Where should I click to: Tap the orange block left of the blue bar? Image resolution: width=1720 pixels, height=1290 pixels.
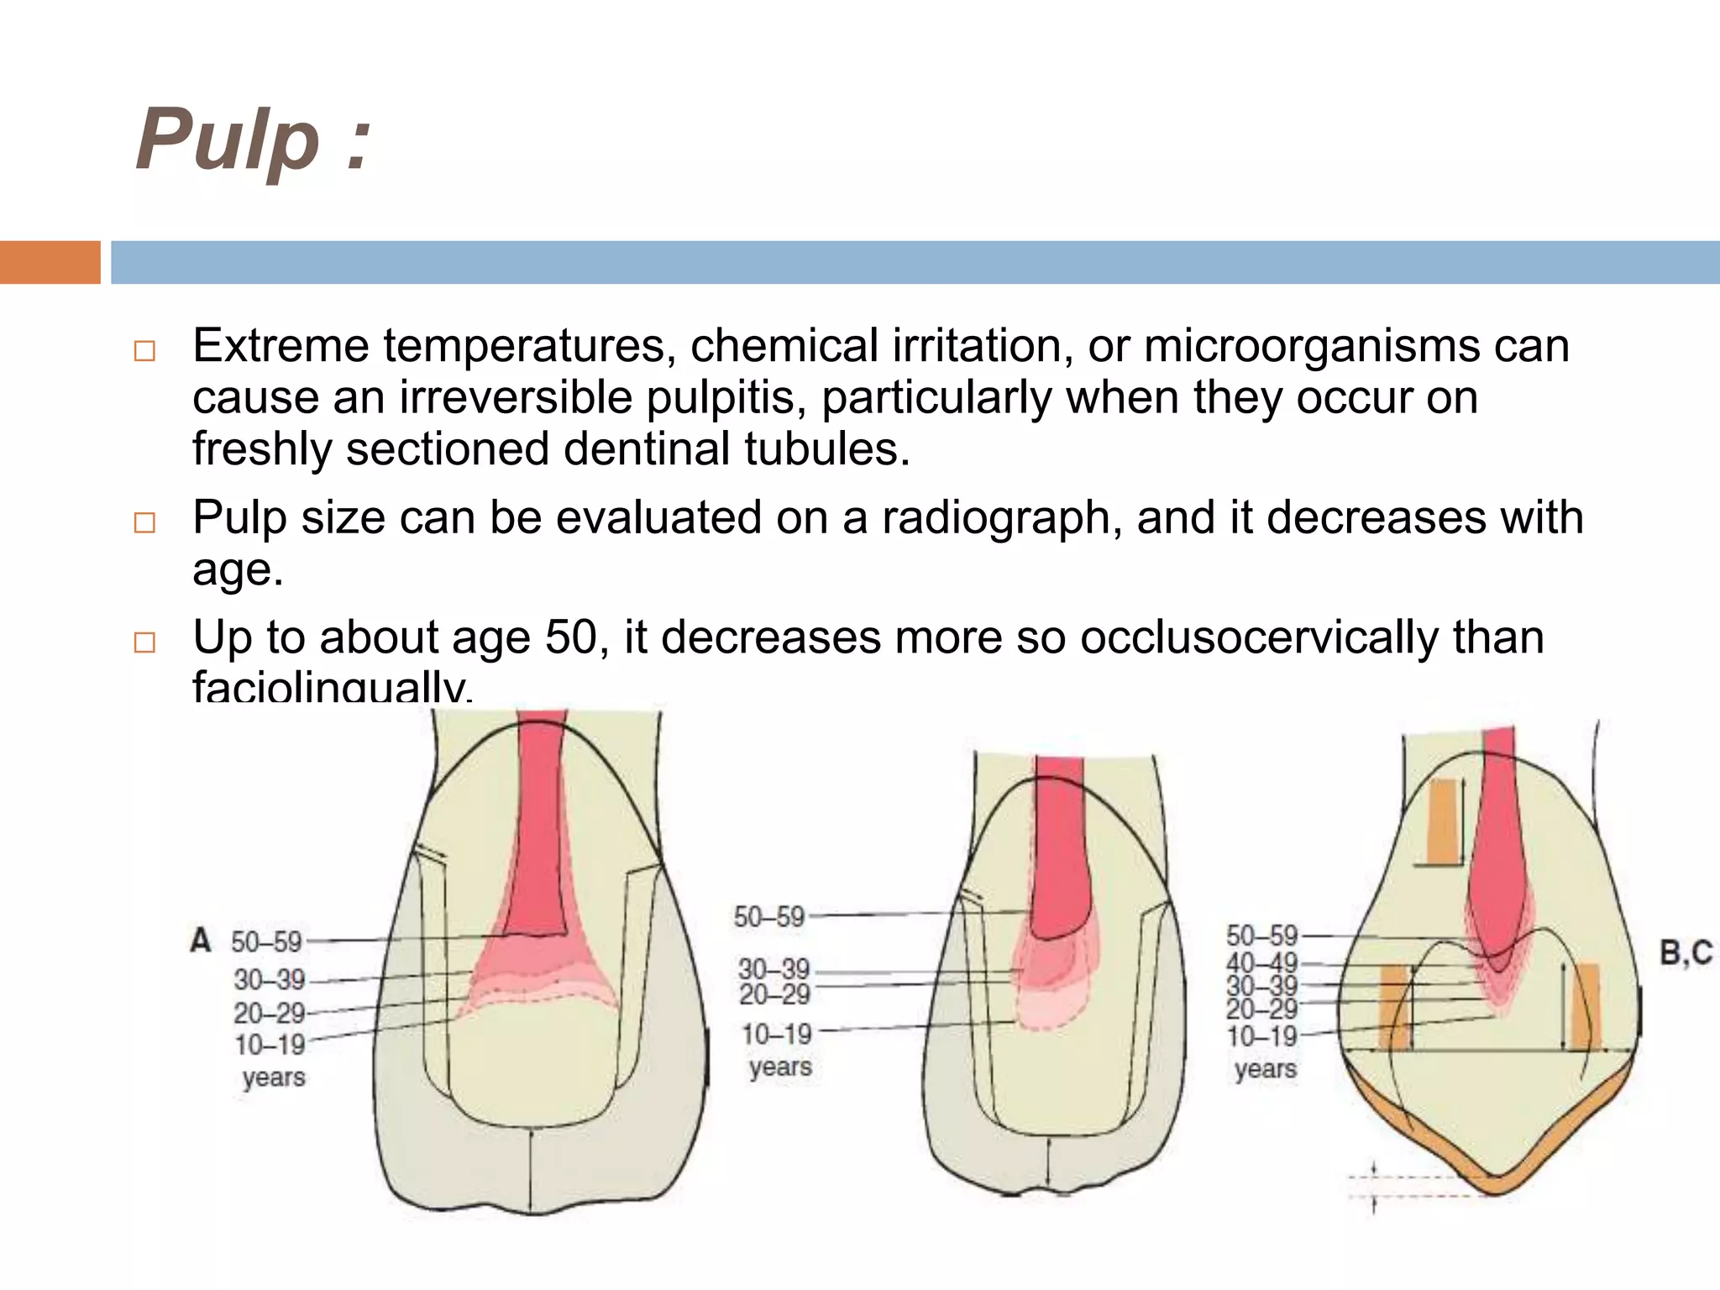(50, 262)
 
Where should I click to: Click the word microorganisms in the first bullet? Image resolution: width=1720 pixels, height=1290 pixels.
(1311, 346)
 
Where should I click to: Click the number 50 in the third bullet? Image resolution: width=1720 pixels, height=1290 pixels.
(570, 637)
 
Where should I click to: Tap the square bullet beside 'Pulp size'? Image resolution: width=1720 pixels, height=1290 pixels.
(145, 522)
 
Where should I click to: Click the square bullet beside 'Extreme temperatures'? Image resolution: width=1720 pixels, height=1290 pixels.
(145, 350)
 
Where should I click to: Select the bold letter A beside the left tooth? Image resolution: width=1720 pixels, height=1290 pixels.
(201, 940)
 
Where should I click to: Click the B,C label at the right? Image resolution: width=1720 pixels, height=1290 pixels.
(1686, 952)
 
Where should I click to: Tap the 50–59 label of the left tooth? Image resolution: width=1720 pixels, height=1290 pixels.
(266, 941)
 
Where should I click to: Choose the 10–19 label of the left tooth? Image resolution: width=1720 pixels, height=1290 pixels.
(270, 1045)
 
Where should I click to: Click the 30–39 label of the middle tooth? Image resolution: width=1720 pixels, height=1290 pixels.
(773, 969)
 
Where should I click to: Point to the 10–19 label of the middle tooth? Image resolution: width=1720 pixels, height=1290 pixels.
(776, 1033)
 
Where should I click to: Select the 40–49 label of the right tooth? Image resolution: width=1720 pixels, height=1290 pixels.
(1261, 963)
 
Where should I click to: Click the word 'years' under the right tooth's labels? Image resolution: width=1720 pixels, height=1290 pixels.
(1265, 1069)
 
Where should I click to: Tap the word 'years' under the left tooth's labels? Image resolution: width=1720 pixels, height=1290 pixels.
(274, 1077)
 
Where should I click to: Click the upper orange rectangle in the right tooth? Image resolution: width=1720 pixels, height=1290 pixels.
(1443, 821)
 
